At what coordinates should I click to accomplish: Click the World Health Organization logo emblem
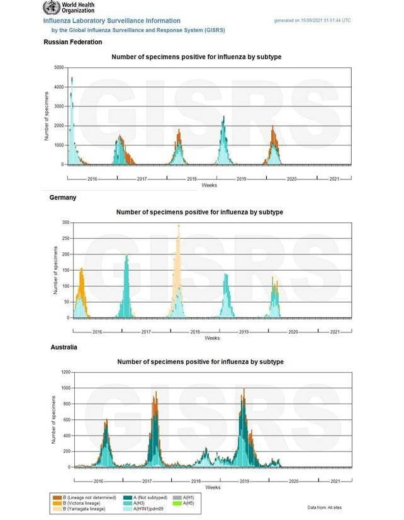pyautogui.click(x=50, y=8)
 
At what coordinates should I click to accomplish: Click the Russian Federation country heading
pyautogui.click(x=72, y=42)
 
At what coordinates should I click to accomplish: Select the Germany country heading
pyautogui.click(x=62, y=198)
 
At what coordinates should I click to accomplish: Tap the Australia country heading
pyautogui.click(x=64, y=348)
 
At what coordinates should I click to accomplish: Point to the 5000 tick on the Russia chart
pyautogui.click(x=59, y=67)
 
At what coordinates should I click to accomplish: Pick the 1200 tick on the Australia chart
pyautogui.click(x=65, y=372)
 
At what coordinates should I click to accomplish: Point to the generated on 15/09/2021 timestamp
pyautogui.click(x=312, y=21)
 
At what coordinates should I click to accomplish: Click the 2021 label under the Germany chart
pyautogui.click(x=335, y=332)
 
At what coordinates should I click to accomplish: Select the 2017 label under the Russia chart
pyautogui.click(x=142, y=179)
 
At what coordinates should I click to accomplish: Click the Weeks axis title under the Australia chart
pyautogui.click(x=213, y=487)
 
